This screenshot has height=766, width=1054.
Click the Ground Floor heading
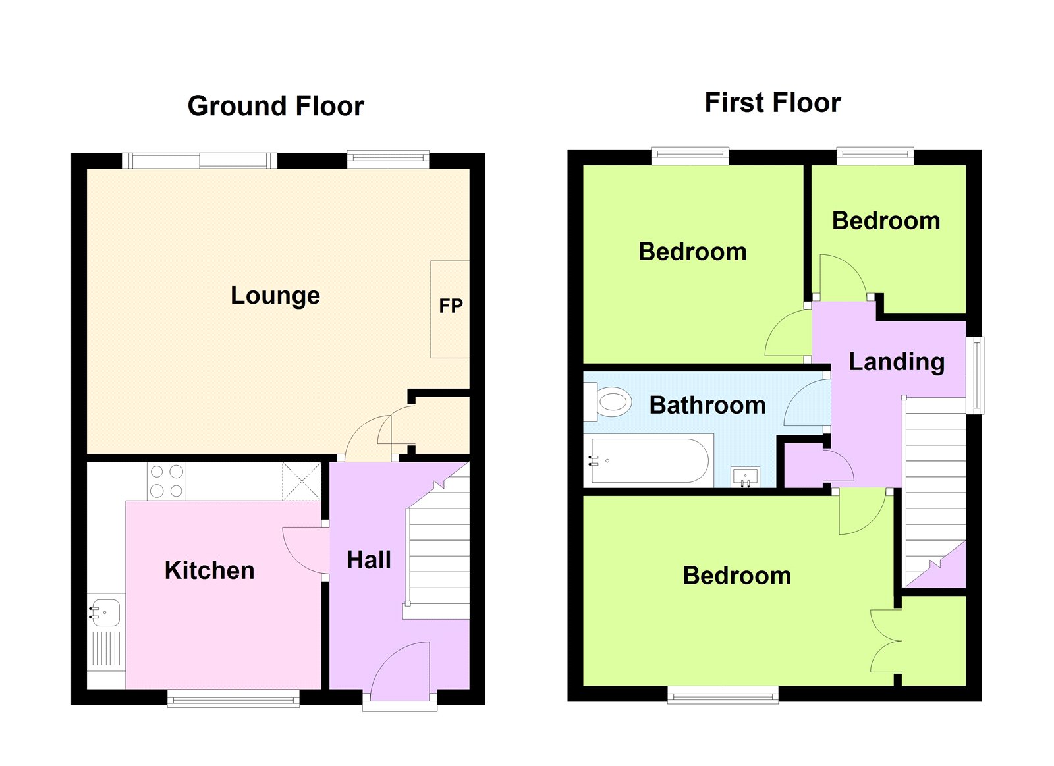276,106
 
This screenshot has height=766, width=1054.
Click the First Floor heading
773,103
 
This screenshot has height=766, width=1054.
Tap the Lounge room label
275,296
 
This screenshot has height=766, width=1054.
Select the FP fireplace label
451,306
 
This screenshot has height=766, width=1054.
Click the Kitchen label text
209,570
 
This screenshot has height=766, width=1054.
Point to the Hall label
369,560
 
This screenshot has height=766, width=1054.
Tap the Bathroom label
707,405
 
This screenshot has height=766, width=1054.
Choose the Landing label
897,362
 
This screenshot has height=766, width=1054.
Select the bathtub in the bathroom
650,460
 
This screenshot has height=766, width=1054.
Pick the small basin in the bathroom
745,477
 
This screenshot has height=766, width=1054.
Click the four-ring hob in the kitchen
167,481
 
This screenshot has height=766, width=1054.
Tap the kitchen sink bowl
106,612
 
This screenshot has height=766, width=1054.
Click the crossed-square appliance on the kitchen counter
302,481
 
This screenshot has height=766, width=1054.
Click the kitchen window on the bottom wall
233,698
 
